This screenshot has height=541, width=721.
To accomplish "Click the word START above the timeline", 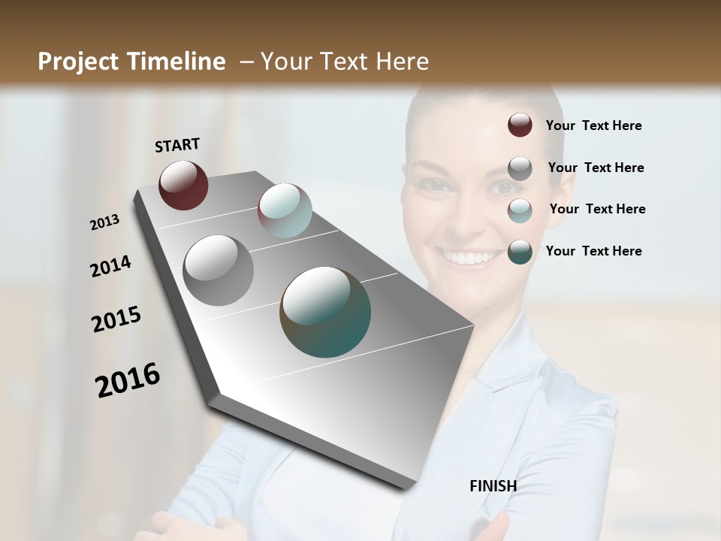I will pos(177,145).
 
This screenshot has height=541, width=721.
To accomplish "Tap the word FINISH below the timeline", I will pos(493,486).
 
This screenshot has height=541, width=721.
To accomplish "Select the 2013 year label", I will pos(104,222).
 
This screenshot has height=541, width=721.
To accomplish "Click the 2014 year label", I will pos(110,267).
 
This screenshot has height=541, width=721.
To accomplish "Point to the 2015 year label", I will pos(116,319).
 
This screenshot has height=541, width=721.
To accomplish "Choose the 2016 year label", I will pos(128,380).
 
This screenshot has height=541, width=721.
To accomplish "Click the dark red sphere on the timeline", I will pos(183,185).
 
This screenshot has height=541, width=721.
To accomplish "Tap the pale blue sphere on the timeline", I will pos(285,210).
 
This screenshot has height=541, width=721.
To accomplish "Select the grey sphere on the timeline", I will pos(218,270).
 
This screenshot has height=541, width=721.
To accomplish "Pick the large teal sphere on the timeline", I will pos(325,312).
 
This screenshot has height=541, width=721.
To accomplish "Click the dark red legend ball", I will pos(520,125).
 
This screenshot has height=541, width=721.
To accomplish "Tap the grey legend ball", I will pos(520,168).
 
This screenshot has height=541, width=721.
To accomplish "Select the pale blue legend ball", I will pos(520,210).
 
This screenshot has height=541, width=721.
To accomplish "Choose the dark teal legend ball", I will pos(520,252).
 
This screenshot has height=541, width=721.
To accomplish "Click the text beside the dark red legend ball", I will pos(593,125).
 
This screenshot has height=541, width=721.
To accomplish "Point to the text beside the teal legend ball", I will pos(593,251).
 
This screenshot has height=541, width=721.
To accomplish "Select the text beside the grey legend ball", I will pos(596,168).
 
